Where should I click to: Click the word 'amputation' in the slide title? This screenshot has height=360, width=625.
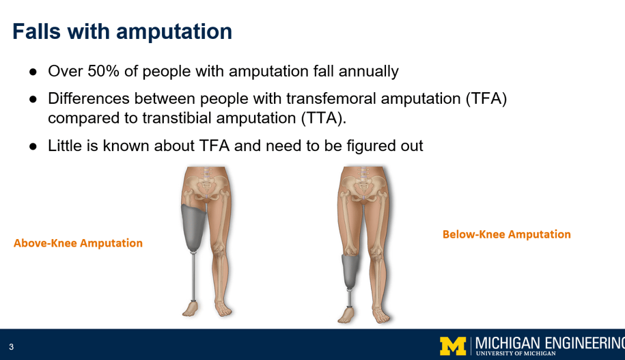click(174, 32)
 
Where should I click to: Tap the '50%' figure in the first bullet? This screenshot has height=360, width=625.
click(103, 71)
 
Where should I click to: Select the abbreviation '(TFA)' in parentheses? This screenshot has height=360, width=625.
click(486, 98)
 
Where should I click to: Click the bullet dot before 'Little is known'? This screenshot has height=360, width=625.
click(33, 146)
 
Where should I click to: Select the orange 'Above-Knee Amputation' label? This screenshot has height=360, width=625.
click(78, 243)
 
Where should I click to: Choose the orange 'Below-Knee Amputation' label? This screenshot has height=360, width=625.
click(507, 234)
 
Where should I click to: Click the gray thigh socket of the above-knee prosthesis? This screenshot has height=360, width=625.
click(193, 228)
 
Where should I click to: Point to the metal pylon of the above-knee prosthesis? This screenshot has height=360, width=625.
click(193, 277)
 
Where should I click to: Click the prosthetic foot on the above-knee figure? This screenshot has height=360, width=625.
click(190, 309)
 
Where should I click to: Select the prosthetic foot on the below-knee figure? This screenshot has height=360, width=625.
click(346, 314)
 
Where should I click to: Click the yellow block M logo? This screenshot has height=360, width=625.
click(453, 346)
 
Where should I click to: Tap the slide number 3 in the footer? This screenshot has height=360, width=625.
click(11, 347)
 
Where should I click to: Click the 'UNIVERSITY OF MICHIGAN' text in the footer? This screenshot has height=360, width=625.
click(516, 353)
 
